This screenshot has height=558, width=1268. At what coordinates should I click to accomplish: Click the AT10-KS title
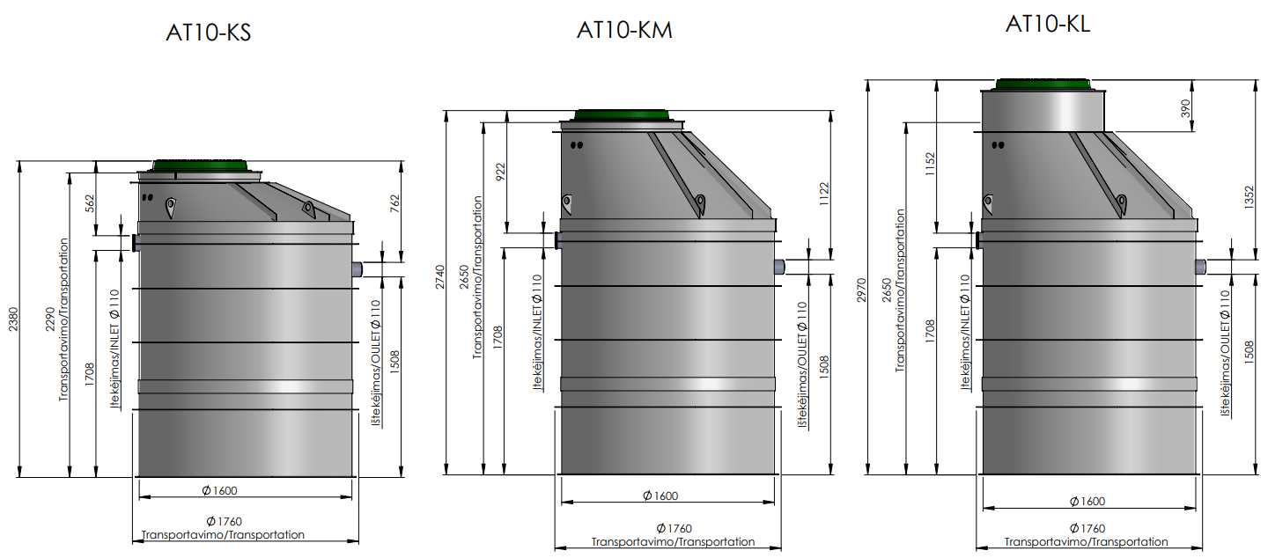click(209, 33)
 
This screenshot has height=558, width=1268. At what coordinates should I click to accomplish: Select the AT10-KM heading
click(624, 30)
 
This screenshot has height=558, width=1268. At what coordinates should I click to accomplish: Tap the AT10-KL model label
click(1048, 24)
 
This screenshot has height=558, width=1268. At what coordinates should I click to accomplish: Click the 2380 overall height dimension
click(13, 319)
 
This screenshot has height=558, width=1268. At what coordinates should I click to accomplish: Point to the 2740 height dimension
click(440, 277)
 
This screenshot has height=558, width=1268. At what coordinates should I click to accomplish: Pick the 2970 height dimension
click(861, 290)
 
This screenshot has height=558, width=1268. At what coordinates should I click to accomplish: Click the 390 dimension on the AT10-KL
click(1185, 108)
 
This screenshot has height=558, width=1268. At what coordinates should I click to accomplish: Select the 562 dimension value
click(90, 203)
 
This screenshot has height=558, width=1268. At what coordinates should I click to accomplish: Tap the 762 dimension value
click(394, 203)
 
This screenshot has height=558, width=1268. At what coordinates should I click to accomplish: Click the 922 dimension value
click(500, 172)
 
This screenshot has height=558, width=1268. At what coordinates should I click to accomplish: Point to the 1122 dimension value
click(824, 194)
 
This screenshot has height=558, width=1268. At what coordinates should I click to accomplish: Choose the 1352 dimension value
click(1250, 197)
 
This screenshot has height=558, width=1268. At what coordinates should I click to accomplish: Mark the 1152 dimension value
click(930, 164)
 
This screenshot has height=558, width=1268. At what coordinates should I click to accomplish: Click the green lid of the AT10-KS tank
click(200, 165)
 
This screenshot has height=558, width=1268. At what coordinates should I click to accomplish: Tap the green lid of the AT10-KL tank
click(1043, 84)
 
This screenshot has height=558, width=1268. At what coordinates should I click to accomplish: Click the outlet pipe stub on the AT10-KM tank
click(779, 267)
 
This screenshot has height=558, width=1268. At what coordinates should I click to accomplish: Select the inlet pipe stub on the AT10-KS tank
click(136, 243)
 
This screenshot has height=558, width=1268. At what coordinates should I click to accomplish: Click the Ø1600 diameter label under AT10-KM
click(660, 496)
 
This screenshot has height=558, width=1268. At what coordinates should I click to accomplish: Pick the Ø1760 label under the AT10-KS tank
click(225, 521)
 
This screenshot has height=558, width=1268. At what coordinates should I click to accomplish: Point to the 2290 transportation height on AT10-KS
click(50, 319)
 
